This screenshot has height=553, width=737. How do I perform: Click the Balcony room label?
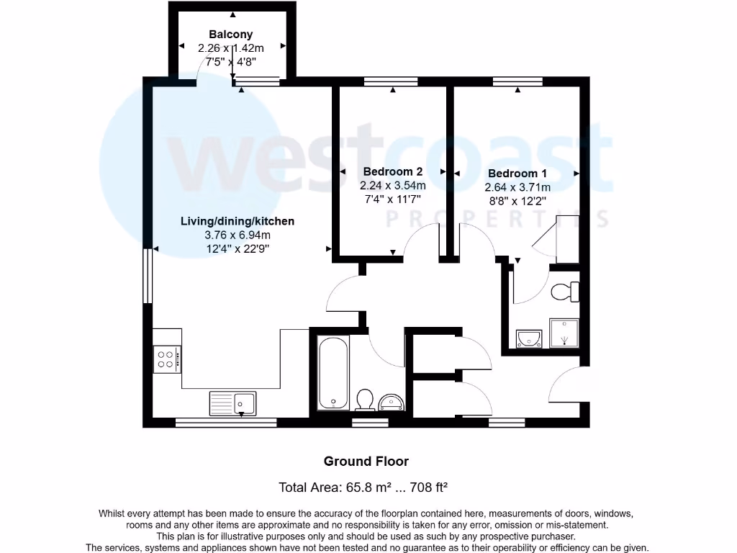coord(231,34)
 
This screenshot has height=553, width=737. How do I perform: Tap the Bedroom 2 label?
coord(392,171)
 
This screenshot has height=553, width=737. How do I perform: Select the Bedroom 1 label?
coord(517,174)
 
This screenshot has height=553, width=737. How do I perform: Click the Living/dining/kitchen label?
coord(237,221)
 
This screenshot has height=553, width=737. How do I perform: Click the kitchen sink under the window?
coord(232,403)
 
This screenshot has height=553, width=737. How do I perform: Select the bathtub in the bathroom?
coord(333,373)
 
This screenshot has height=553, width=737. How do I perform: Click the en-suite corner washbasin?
coord(530,337)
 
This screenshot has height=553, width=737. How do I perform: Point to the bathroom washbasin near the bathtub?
coord(392,401)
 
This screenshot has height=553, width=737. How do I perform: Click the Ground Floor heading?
coord(366,462)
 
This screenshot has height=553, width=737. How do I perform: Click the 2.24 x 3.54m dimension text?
coord(392,185)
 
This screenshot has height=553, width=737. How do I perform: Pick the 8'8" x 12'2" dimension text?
coord(517,201)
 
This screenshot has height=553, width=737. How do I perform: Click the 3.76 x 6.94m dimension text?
coord(237,235)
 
